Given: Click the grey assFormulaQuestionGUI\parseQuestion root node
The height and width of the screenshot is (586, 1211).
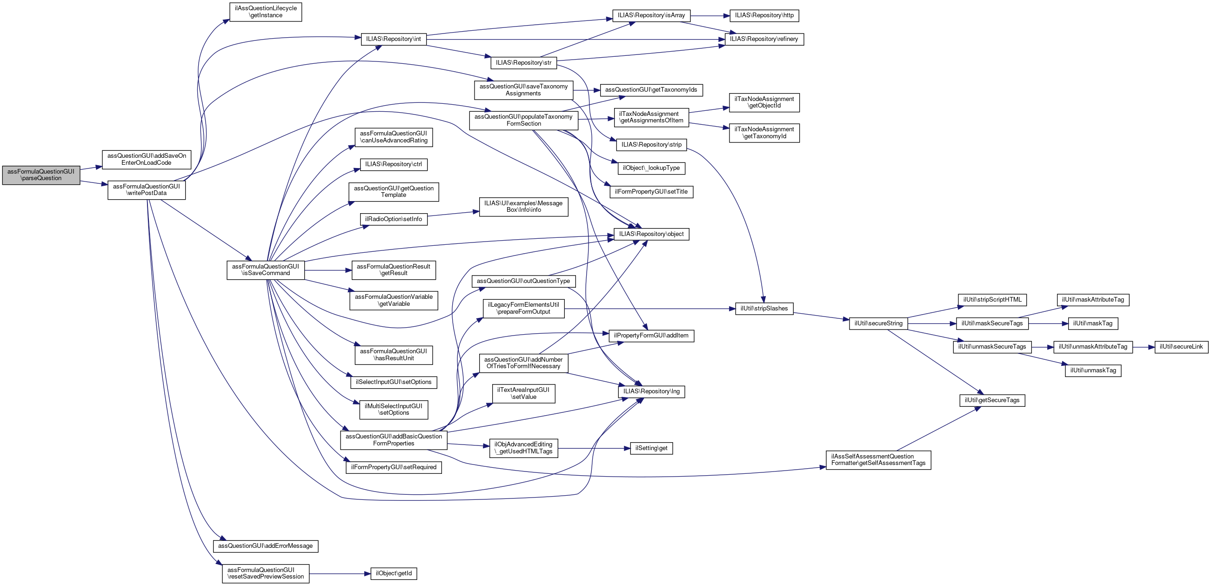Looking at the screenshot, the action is (x=41, y=175).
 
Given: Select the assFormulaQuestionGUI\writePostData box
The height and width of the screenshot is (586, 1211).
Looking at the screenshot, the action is (x=146, y=190).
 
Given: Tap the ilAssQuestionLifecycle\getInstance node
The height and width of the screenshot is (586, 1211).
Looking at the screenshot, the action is (x=266, y=12).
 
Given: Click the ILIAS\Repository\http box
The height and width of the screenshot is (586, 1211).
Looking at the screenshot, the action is (x=764, y=15).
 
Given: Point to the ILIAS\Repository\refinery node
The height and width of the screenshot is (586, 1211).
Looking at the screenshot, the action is (x=764, y=40).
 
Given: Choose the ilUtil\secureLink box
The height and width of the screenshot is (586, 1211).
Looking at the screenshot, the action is (x=1181, y=347).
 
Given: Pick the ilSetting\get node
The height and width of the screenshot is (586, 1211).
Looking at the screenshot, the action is (x=651, y=449).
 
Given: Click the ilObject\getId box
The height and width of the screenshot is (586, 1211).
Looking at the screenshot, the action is (x=394, y=574).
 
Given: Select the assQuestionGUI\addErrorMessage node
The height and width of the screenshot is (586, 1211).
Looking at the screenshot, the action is (x=266, y=546).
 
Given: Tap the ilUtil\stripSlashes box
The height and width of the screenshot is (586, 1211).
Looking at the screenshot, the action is (x=764, y=309).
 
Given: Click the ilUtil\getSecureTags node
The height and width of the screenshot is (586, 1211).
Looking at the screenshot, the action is (x=992, y=401).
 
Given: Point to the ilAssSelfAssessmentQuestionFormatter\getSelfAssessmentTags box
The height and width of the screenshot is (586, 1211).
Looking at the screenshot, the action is (x=878, y=460).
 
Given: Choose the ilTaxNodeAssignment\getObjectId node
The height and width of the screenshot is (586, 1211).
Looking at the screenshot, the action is (x=764, y=102).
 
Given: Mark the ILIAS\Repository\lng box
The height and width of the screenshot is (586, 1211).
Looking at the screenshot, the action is (x=651, y=392).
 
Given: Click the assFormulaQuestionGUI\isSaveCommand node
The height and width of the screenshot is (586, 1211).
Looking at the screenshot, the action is (x=266, y=270).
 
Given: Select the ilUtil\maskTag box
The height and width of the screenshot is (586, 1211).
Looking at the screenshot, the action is (x=1092, y=323).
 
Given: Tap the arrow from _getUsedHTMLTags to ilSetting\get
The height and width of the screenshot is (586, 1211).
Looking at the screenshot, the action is (x=594, y=449).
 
